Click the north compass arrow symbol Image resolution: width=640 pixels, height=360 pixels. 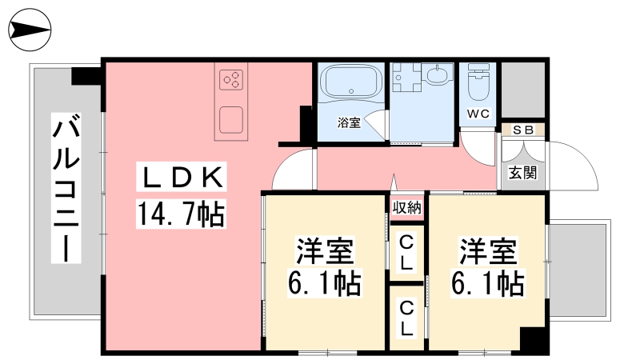(30, 30)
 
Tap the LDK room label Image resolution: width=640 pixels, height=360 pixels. (182, 178)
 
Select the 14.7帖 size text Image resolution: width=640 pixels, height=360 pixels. (181, 214)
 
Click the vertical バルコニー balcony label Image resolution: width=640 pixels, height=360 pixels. (66, 188)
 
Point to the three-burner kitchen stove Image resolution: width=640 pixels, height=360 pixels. (231, 80)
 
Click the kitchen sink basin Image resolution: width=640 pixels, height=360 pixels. (231, 120)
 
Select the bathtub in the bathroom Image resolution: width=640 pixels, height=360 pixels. (351, 81)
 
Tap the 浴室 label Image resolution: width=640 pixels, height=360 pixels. (349, 122)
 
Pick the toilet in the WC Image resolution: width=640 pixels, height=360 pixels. (478, 82)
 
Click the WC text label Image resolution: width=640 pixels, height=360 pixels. (478, 114)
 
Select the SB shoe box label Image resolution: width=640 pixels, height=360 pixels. (523, 130)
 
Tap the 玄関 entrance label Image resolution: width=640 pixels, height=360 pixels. (522, 173)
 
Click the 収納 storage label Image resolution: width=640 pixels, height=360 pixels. (406, 208)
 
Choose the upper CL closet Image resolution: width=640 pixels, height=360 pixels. (406, 253)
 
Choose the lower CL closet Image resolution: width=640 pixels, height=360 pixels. (406, 318)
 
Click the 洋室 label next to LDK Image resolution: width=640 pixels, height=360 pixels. (325, 250)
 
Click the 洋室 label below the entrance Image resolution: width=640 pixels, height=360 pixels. (488, 250)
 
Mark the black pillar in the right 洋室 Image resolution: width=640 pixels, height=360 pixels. (533, 338)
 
